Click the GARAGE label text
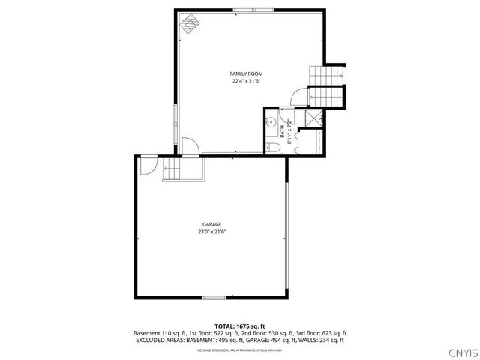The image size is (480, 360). (x=211, y=224)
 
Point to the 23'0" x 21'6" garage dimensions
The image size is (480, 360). (x=211, y=232)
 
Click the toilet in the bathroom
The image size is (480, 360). (x=274, y=148)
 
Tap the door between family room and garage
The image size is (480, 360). (x=190, y=145)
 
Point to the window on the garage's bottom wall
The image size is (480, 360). (x=214, y=298)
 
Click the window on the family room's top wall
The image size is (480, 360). (x=243, y=10)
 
